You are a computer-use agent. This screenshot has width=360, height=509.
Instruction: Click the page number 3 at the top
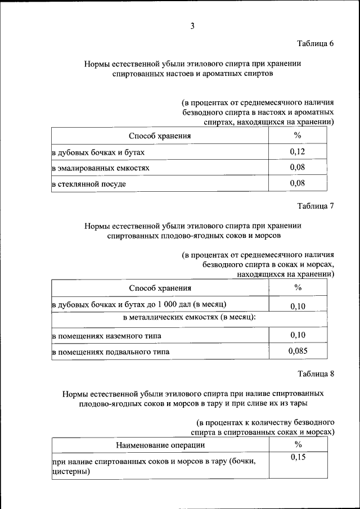coord(192,26)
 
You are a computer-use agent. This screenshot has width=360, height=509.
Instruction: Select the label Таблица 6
coord(316,44)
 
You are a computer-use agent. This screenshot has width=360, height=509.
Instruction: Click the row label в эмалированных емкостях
coord(101,168)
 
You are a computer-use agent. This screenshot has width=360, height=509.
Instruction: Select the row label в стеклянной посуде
coord(89,184)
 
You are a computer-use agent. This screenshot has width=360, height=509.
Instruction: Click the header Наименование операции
coord(160,445)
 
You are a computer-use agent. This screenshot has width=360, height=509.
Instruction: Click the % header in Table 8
coord(298,444)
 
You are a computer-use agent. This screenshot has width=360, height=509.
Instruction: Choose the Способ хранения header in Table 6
coord(160,136)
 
